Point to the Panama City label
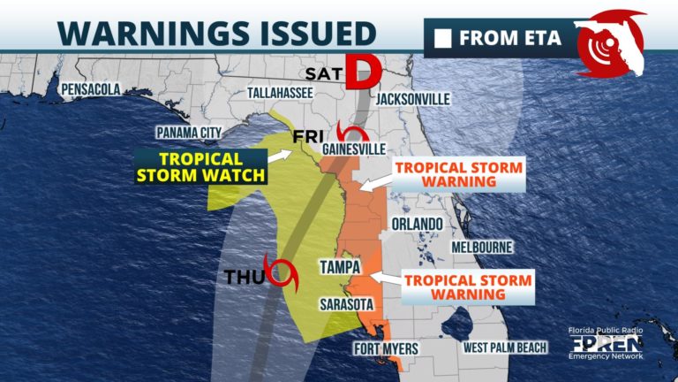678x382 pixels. (x=187, y=133)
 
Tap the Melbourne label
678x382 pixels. (x=483, y=248)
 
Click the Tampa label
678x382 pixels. (x=340, y=267)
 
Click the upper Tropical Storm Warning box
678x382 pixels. (x=458, y=174)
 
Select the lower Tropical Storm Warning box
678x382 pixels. (x=468, y=288)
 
